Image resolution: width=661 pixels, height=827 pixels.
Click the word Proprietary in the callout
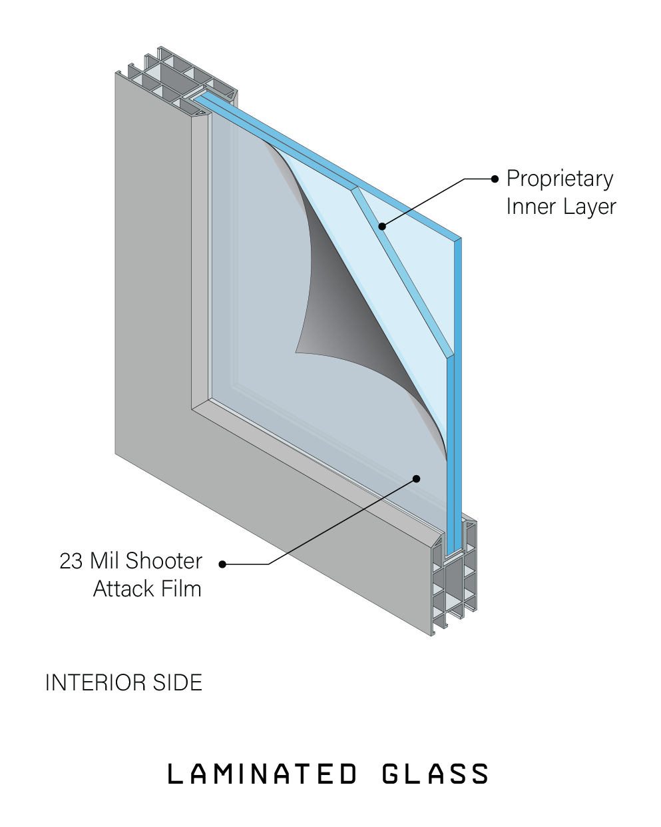pyautogui.click(x=560, y=179)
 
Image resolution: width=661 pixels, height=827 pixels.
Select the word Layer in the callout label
pyautogui.click(x=590, y=207)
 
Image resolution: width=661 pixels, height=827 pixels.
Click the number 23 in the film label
pyautogui.click(x=71, y=561)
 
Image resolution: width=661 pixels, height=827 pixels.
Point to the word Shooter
pyautogui.click(x=164, y=561)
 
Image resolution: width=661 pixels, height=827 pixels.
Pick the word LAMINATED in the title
pyautogui.click(x=262, y=774)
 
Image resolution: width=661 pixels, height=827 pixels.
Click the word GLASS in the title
pyautogui.click(x=435, y=774)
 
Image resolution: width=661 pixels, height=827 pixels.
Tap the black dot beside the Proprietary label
pyautogui.click(x=495, y=179)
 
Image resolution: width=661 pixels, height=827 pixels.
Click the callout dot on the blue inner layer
pyautogui.click(x=382, y=227)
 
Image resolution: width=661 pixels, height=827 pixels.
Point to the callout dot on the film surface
pyautogui.click(x=417, y=478)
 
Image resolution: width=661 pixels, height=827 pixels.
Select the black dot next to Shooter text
pyautogui.click(x=222, y=564)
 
